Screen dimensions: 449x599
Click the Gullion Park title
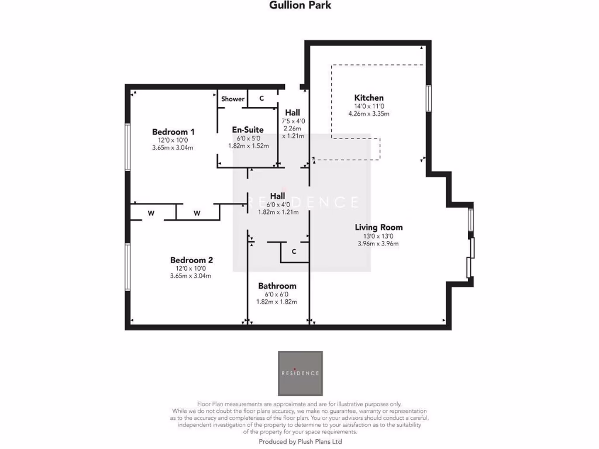coord(299,6)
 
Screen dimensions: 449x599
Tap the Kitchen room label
coord(369,98)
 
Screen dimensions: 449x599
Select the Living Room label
coord(378,227)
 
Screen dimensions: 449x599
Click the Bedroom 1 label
coord(173,132)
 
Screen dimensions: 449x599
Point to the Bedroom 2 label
coord(191,260)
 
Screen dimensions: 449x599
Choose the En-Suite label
coord(247,130)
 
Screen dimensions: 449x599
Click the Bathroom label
coord(277,286)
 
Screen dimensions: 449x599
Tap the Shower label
coord(233,99)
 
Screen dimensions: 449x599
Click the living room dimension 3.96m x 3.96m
coord(378,243)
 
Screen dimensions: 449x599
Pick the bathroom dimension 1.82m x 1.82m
coord(277,302)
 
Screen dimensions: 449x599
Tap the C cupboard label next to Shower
coord(261,98)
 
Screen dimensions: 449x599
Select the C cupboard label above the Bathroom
coord(294,251)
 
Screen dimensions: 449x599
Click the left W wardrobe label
coord(150,213)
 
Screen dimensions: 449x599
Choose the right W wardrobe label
coord(197,213)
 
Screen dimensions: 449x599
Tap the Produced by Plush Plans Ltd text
coord(300,443)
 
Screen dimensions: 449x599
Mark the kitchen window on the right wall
coord(428,98)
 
